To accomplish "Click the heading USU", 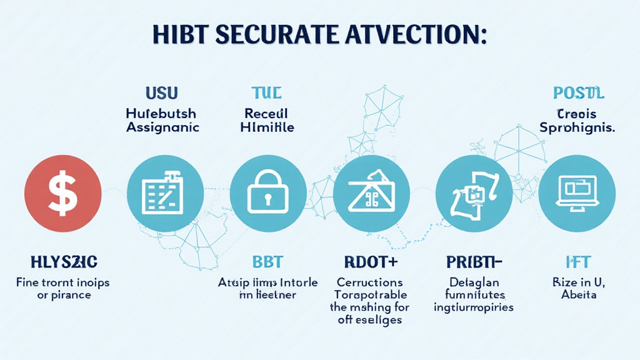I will coord(161,94).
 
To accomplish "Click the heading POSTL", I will coord(579,94).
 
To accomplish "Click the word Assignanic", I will coord(162,127).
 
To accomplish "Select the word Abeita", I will coord(578,294).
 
